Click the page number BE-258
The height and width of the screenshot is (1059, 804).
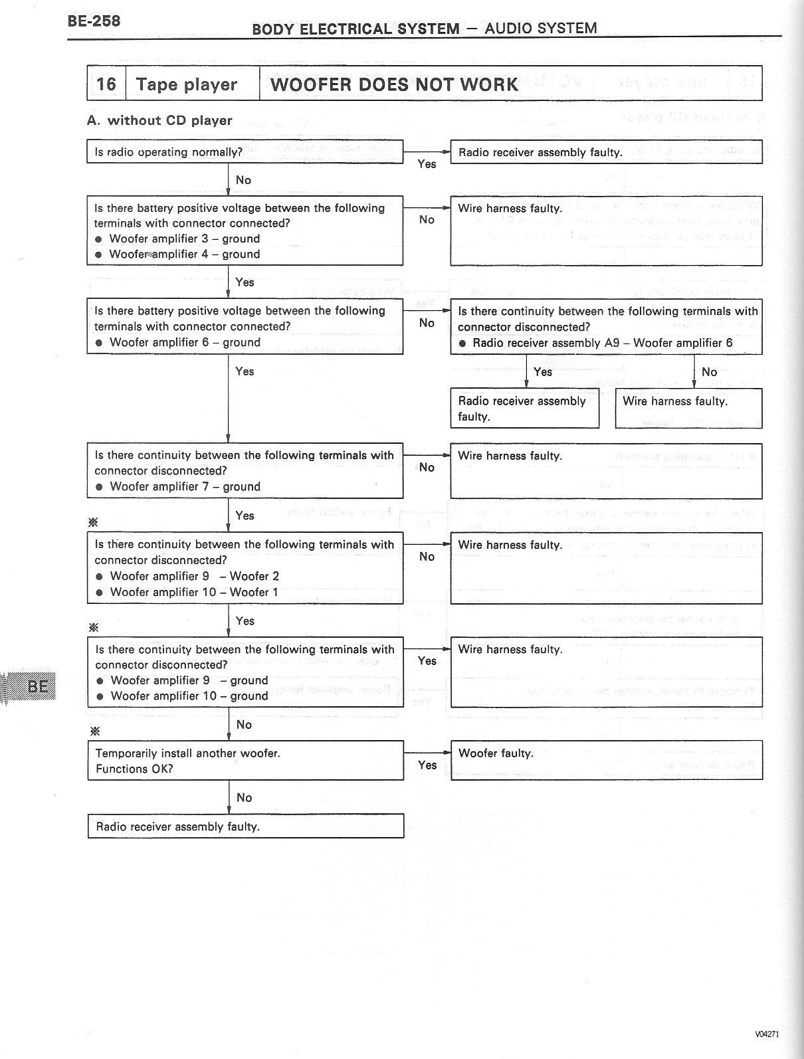pyautogui.click(x=94, y=21)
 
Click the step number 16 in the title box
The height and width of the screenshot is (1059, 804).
pyautogui.click(x=106, y=84)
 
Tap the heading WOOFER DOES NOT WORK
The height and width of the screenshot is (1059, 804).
pyautogui.click(x=394, y=84)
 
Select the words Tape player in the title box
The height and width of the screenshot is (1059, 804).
pyautogui.click(x=186, y=84)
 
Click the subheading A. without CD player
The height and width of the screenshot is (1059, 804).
pyautogui.click(x=159, y=120)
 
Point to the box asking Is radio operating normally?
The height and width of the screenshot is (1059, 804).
pyautogui.click(x=245, y=152)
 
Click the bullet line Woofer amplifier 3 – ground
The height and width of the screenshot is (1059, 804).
pyautogui.click(x=184, y=239)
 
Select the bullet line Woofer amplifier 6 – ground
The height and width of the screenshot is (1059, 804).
pyautogui.click(x=185, y=342)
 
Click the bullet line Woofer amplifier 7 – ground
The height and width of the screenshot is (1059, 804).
pyautogui.click(x=185, y=486)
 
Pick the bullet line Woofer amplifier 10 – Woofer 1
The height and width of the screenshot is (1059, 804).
pyautogui.click(x=194, y=592)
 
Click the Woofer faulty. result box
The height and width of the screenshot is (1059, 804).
pyautogui.click(x=606, y=760)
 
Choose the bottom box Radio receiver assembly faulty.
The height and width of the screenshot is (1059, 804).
pyautogui.click(x=245, y=826)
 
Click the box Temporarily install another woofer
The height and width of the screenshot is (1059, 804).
pyautogui.click(x=245, y=761)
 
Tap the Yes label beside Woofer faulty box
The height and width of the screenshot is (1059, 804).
pyautogui.click(x=427, y=765)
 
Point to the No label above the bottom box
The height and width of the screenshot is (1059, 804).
pyautogui.click(x=244, y=797)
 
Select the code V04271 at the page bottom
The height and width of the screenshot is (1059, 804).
pyautogui.click(x=766, y=1034)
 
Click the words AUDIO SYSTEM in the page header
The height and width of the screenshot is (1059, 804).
pyautogui.click(x=540, y=28)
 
